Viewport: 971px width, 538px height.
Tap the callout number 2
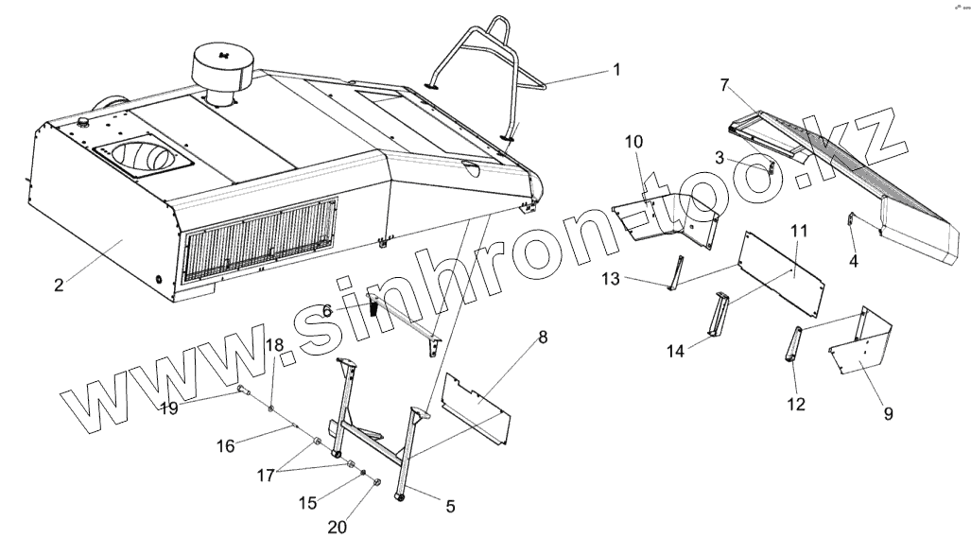point(59,284)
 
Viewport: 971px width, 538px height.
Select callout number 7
point(725,85)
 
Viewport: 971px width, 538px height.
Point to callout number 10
point(633,142)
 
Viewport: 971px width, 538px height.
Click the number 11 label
point(799,230)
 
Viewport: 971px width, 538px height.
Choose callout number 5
point(450,506)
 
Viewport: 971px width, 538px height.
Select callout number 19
point(168,408)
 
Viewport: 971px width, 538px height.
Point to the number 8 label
point(543,338)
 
